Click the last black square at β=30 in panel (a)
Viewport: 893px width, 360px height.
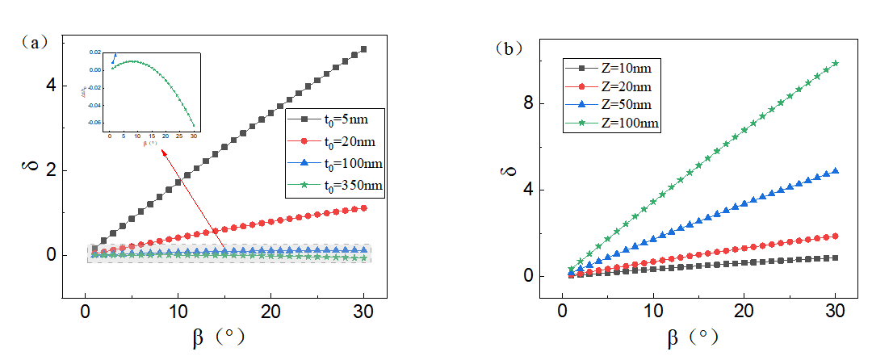pos(363,49)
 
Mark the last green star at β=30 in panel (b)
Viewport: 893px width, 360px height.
pos(836,63)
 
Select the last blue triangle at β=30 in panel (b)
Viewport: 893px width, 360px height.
pos(836,171)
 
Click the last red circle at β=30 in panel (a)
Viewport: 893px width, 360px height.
pos(363,208)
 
